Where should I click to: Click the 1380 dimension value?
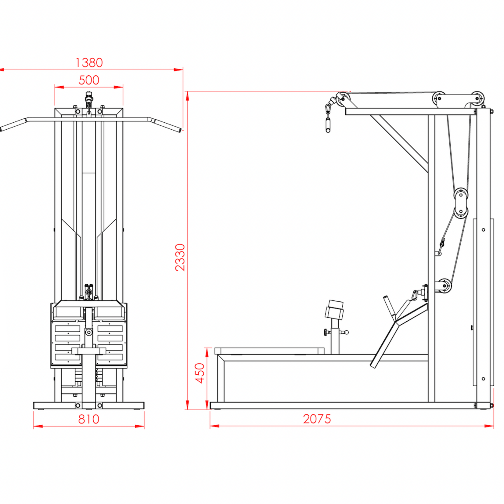[89, 63]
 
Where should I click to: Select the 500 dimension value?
[89, 80]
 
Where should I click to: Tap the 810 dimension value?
[88, 419]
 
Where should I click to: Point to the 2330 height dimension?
[180, 257]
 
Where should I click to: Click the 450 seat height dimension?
[200, 373]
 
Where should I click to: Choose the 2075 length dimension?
[317, 419]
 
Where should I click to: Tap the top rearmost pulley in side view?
[477, 98]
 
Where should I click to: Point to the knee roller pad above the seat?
[335, 310]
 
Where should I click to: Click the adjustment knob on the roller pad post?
[326, 332]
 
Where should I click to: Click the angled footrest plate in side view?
[385, 343]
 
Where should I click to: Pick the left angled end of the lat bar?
[12, 125]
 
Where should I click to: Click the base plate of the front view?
[88, 405]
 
